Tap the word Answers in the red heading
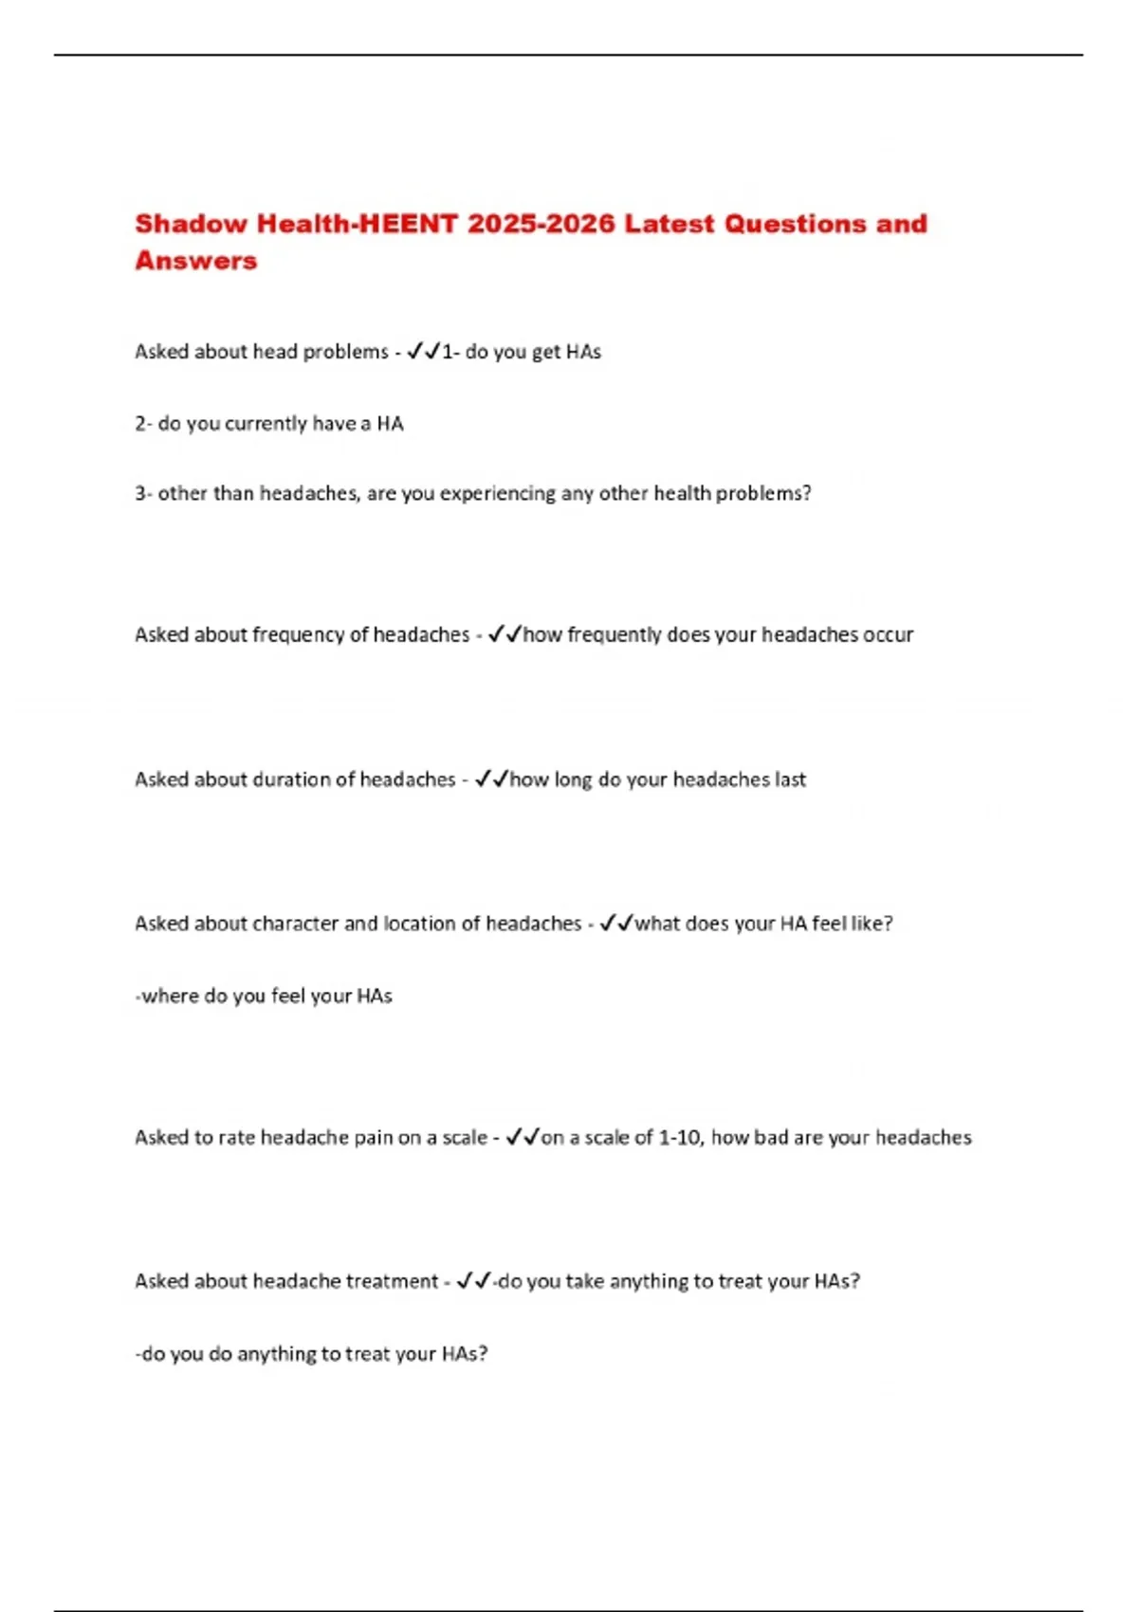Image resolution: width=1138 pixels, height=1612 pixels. click(x=195, y=261)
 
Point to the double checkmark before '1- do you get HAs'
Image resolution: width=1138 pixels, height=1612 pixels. click(x=423, y=352)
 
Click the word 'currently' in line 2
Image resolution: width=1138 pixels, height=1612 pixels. click(x=265, y=424)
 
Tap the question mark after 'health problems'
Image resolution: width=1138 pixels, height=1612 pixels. click(x=807, y=493)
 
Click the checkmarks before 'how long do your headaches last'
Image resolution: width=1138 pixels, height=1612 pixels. click(x=491, y=779)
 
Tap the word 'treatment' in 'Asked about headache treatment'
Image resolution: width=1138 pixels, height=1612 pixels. click(x=392, y=1281)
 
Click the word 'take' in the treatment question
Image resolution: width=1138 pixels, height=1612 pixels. click(x=584, y=1281)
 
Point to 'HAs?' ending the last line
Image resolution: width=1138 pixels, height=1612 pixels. click(x=464, y=1354)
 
